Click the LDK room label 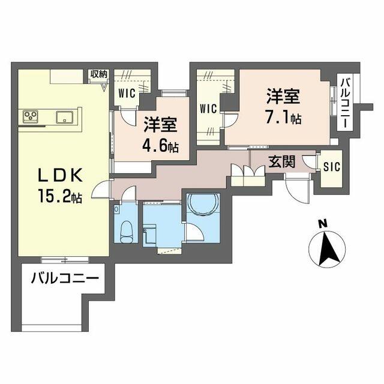(x=60, y=175)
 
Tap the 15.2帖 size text (x=60, y=196)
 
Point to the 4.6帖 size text (x=160, y=145)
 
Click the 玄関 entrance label (x=282, y=161)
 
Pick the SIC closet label (x=332, y=167)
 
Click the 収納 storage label (x=99, y=74)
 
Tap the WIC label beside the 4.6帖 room (x=127, y=93)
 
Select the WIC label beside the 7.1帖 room (x=208, y=109)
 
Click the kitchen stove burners (x=31, y=116)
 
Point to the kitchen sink (x=65, y=117)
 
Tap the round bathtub (x=203, y=205)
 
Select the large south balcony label (x=65, y=278)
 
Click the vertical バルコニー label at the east (x=346, y=103)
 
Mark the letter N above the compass (x=323, y=224)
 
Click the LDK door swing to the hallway (x=101, y=189)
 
